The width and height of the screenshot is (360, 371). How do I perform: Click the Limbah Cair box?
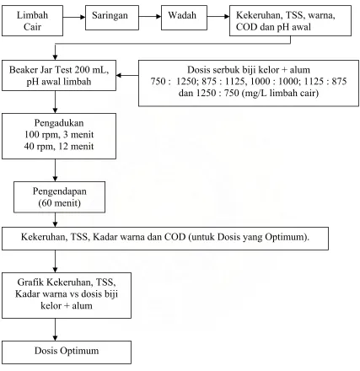32,21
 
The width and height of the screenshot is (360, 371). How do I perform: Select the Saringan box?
112,18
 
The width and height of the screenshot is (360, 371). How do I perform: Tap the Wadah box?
184,18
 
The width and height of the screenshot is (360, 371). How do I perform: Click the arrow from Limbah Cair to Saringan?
74,17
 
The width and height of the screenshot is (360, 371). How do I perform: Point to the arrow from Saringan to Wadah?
150,17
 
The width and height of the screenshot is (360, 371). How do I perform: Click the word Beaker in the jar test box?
24,70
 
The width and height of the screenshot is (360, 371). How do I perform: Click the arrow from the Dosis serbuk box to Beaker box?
127,75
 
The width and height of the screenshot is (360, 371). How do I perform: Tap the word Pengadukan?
59,123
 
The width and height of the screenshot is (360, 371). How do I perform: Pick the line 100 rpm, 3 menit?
59,135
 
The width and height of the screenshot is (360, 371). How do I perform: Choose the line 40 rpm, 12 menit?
59,147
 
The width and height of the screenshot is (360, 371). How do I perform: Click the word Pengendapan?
60,191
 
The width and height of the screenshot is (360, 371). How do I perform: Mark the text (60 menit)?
60,203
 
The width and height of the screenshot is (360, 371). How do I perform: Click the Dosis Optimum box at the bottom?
67,352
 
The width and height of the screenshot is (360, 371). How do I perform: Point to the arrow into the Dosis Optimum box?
55,330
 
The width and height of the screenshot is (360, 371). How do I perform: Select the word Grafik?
31,282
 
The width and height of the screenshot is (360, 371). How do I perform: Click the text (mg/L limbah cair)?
280,93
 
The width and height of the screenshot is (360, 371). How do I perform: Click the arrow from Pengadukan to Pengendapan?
55,170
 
